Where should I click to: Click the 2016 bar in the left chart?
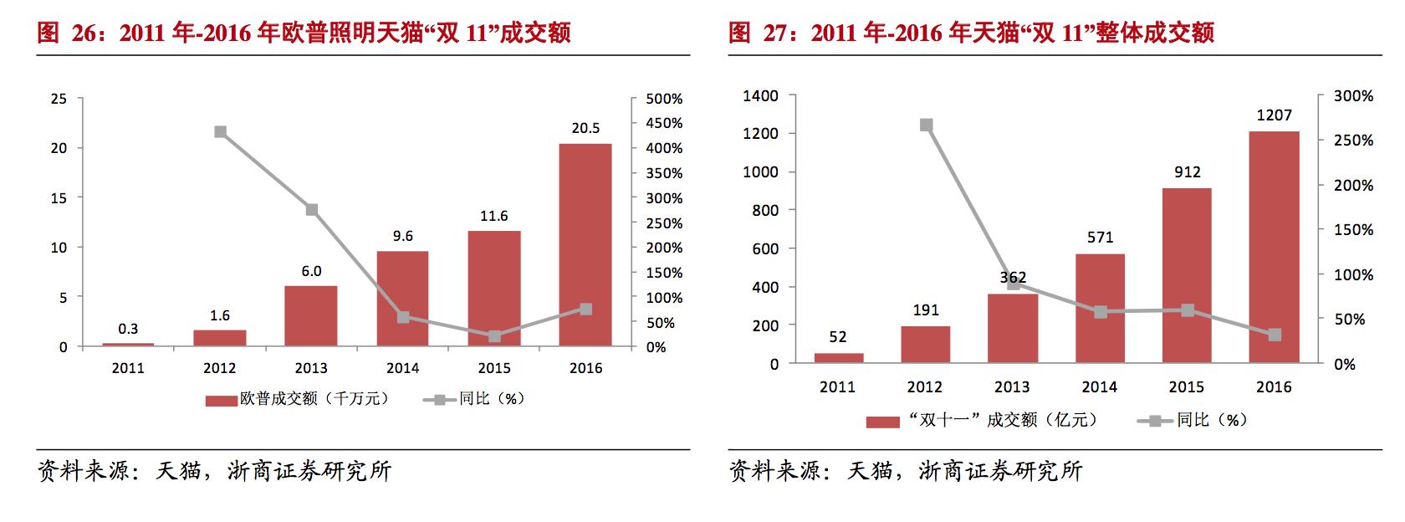585,244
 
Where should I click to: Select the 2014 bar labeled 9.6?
402,298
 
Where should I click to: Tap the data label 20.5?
585,129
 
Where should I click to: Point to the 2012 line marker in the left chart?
220,132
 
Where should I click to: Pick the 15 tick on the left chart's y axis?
59,197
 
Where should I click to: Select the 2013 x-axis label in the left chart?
311,368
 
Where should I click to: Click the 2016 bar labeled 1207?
1274,247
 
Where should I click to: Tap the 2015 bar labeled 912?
1187,275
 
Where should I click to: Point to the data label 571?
1100,238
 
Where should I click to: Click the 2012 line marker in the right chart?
926,125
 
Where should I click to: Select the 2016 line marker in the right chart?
1274,335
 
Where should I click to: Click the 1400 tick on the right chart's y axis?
761,95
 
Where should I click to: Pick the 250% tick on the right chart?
1354,141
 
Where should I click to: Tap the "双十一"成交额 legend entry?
983,420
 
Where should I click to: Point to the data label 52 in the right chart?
838,337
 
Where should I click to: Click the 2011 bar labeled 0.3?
128,345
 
